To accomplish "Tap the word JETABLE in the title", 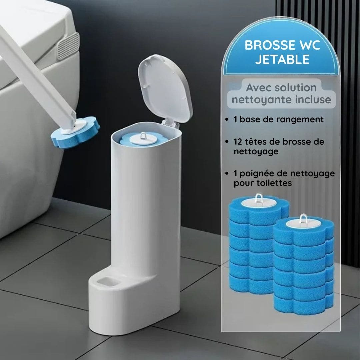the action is (282, 59).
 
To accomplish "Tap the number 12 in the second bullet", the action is (238, 142).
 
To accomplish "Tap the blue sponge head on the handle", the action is (75, 133).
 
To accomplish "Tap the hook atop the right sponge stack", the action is (303, 219).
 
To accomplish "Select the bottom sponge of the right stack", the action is (303, 303).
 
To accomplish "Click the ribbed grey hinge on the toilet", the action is (68, 46).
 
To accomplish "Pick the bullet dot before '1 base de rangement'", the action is (227, 120).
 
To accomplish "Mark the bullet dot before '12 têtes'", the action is (227, 142).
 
